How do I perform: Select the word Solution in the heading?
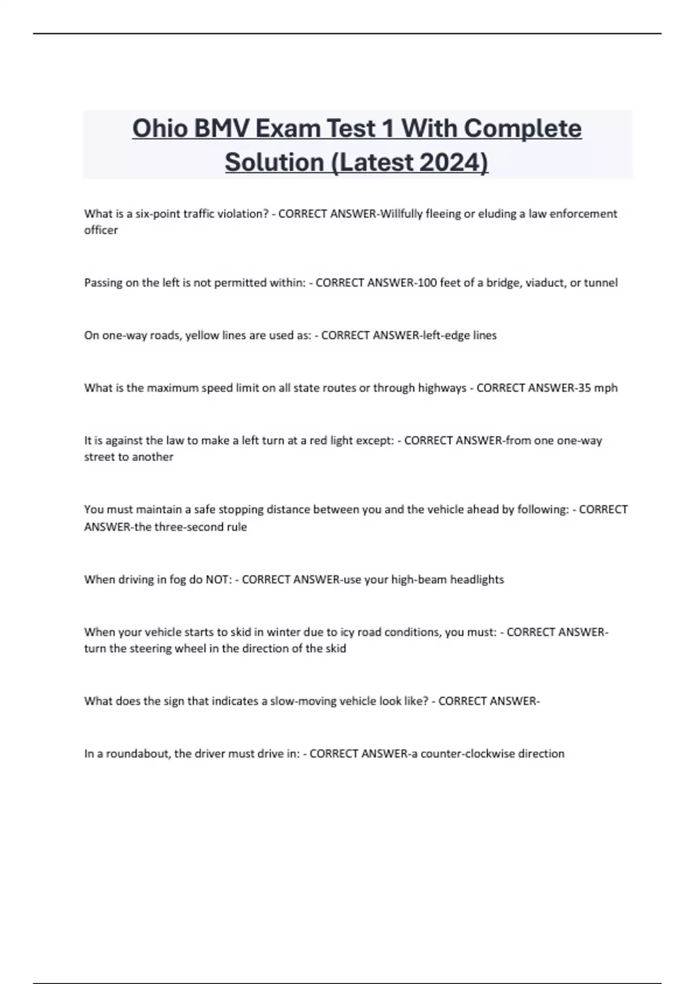click(275, 162)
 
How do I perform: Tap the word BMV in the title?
click(221, 128)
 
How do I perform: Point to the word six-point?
click(158, 214)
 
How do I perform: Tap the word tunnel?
click(601, 282)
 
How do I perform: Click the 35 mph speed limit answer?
click(598, 388)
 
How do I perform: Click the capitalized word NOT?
click(218, 579)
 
